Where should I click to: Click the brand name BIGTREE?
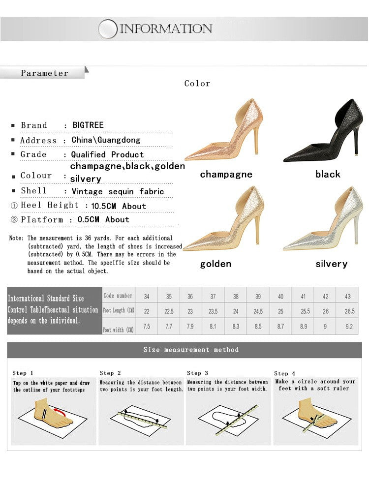(x=88, y=125)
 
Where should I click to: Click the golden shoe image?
(x=226, y=222)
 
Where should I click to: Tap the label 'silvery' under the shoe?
(x=331, y=264)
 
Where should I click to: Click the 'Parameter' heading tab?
(x=44, y=73)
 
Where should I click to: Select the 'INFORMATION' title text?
(x=166, y=29)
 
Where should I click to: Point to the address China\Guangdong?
(x=106, y=140)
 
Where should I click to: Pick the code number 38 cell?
(x=236, y=297)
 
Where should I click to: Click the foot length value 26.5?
(x=349, y=311)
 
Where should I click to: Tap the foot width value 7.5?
(x=147, y=327)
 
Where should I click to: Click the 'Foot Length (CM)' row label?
(x=119, y=311)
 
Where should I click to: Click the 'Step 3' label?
(x=197, y=373)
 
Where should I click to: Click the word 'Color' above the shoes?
(x=197, y=84)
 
